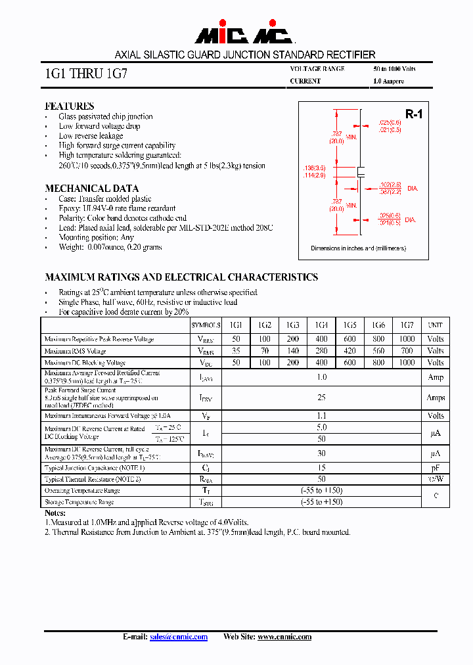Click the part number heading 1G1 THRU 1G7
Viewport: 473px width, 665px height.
85,74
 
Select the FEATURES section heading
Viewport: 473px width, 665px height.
69,106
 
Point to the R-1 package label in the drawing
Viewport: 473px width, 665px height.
413,114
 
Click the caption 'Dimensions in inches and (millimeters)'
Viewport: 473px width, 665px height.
358,248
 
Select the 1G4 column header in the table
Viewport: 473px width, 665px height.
321,325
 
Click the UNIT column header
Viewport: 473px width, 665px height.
435,325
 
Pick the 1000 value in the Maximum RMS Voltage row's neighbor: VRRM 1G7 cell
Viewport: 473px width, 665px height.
407,339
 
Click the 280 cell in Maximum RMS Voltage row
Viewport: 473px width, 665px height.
321,351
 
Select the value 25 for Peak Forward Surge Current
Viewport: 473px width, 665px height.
321,398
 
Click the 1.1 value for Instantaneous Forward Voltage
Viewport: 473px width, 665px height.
321,415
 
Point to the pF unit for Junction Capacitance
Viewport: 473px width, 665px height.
435,467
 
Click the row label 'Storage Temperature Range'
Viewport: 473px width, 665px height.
79,502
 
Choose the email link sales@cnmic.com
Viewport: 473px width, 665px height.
178,637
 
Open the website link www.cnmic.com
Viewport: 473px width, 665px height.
284,637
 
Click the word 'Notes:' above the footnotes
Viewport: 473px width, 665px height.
55,513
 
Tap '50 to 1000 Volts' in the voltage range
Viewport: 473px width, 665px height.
394,69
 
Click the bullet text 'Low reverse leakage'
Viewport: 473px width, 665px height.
91,135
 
